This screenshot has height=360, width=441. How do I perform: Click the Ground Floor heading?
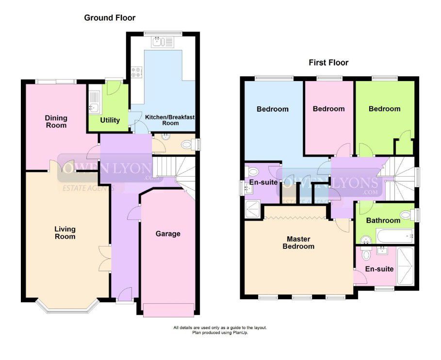[110, 18]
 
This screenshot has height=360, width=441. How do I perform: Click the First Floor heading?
[328, 63]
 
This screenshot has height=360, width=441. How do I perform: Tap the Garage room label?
[168, 234]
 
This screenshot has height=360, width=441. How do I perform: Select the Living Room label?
[65, 232]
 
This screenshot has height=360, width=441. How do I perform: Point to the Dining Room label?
[56, 121]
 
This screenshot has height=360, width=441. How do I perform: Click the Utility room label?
[110, 120]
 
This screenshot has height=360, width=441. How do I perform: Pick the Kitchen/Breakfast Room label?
[170, 120]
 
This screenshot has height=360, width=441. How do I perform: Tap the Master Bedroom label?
[298, 243]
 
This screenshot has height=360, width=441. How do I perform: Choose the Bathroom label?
[383, 220]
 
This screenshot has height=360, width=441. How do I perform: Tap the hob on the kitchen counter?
[137, 71]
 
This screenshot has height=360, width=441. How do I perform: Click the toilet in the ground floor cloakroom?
[188, 145]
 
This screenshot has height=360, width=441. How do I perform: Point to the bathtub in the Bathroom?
[395, 236]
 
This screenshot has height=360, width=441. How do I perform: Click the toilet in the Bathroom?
[407, 215]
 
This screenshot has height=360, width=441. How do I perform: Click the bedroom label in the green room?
[384, 109]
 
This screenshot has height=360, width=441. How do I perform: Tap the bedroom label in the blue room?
[273, 109]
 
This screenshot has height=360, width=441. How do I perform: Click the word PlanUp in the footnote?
[240, 332]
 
